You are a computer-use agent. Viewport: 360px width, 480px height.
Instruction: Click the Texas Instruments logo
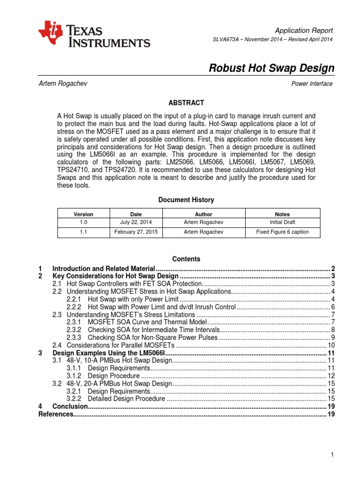(94, 34)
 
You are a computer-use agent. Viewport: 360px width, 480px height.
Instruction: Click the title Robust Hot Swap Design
(271, 68)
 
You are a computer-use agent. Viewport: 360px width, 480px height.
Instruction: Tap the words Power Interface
(312, 84)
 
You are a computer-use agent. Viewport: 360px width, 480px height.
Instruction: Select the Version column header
(83, 214)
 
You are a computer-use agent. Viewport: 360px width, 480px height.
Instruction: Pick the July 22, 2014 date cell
(136, 223)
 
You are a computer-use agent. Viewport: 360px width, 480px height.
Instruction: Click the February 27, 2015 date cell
(136, 232)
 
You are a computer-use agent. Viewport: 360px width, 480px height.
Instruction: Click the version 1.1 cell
(83, 232)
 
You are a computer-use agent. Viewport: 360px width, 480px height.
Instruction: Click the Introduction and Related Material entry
(104, 269)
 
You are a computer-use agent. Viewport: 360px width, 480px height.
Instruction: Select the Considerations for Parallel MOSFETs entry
(117, 345)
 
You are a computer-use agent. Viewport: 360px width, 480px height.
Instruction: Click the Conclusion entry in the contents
(70, 406)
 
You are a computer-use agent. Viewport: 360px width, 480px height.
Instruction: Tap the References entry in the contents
(55, 414)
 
